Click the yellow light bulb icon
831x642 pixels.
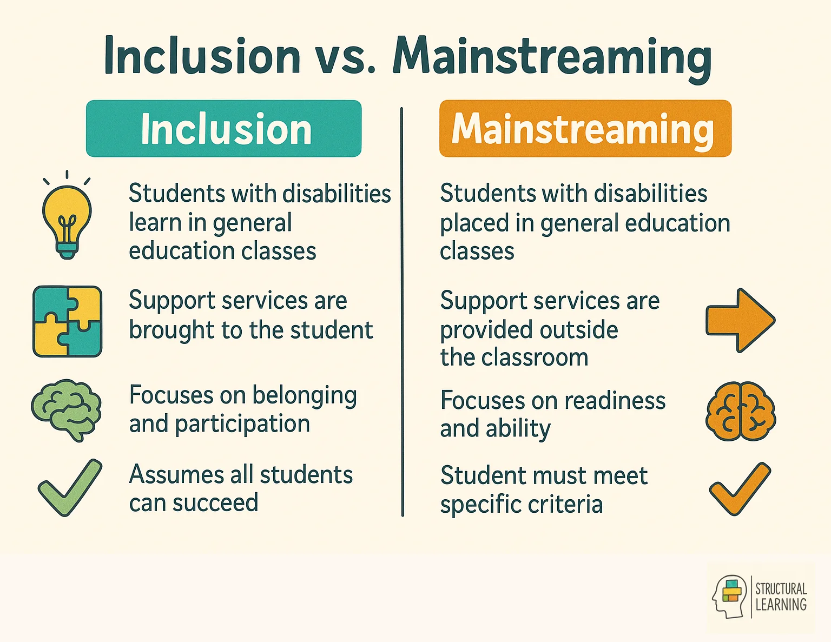(67, 219)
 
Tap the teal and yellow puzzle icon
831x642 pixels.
(67, 321)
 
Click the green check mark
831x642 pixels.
(69, 487)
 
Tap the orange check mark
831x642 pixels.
(740, 488)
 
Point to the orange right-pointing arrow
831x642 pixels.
(740, 320)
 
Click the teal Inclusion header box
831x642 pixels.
(223, 129)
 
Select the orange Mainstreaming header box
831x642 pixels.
(585, 129)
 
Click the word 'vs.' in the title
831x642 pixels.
(345, 56)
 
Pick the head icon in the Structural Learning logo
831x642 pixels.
(729, 597)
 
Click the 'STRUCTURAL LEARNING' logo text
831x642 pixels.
(781, 597)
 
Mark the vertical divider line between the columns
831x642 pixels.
(402, 311)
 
